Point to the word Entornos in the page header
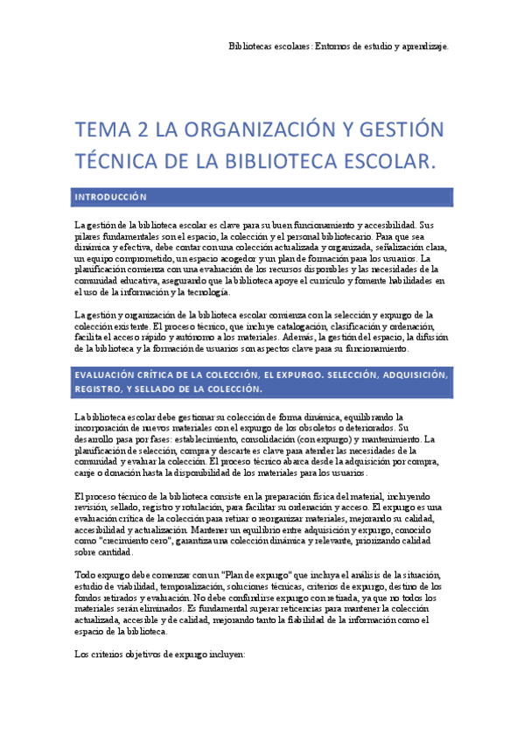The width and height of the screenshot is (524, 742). [x=337, y=45]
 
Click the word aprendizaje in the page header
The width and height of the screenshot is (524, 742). [x=422, y=45]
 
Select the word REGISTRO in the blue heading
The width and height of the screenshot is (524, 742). [x=100, y=388]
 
